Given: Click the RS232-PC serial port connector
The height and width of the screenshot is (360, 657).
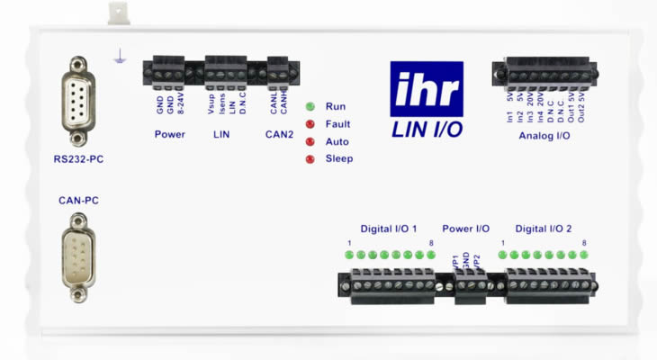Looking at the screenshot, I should click(78, 101).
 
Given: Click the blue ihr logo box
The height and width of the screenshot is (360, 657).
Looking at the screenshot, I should click(427, 89).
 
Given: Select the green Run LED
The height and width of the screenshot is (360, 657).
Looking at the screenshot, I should click(310, 106).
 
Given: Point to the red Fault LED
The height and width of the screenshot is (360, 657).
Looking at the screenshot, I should click(310, 124).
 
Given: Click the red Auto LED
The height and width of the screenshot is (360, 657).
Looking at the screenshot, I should click(310, 142).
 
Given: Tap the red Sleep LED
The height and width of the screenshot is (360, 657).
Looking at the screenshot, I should click(310, 159).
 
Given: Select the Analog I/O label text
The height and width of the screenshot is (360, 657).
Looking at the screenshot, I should click(544, 136).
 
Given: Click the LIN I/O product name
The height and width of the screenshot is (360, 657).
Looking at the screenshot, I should click(427, 130).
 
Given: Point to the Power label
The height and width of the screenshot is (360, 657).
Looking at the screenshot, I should click(169, 135).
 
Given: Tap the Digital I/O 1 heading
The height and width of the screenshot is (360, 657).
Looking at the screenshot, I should click(389, 229).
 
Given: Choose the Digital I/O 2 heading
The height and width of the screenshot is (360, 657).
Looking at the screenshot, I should click(544, 229).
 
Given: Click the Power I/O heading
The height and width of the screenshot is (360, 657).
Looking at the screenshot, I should click(465, 229).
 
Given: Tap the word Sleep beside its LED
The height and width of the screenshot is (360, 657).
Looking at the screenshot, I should click(339, 159).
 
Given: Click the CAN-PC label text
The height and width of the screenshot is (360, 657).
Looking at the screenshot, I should click(78, 201).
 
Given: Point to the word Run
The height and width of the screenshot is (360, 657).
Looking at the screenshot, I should click(336, 106).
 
